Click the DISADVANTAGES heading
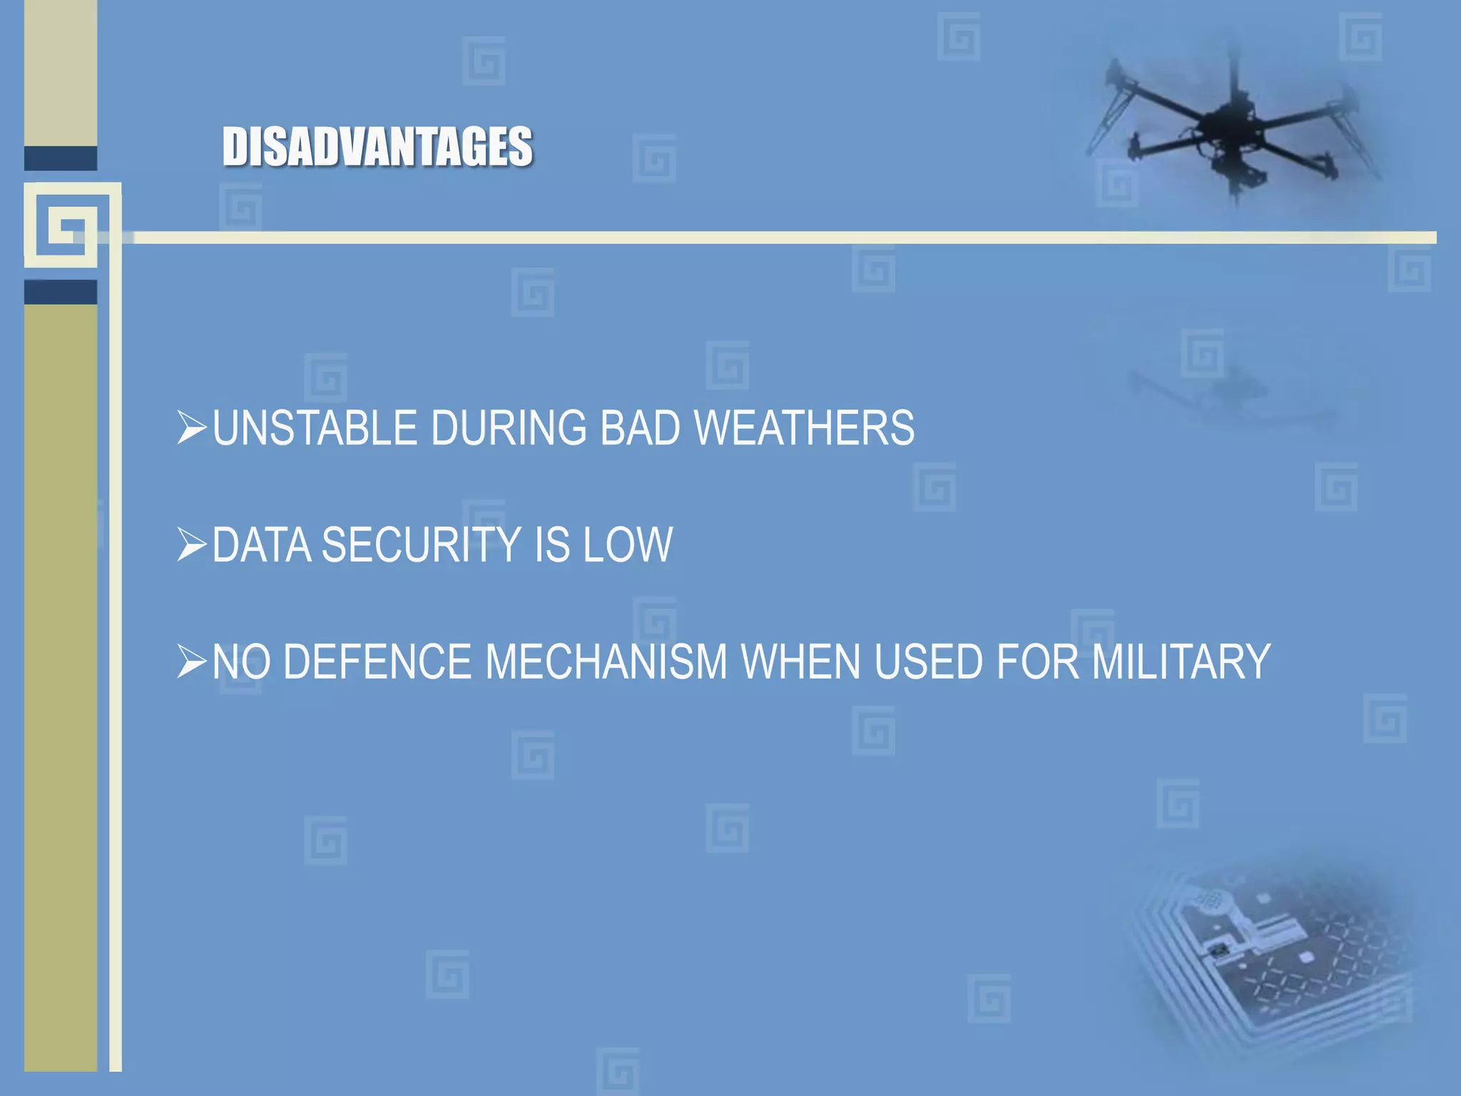point(377,146)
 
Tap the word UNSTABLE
point(315,428)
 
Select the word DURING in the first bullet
point(509,428)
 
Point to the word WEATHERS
point(804,428)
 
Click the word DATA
point(262,545)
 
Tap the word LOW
point(628,545)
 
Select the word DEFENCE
point(377,661)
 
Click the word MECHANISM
point(606,661)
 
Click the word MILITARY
point(1181,661)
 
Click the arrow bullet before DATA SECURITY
point(191,544)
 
